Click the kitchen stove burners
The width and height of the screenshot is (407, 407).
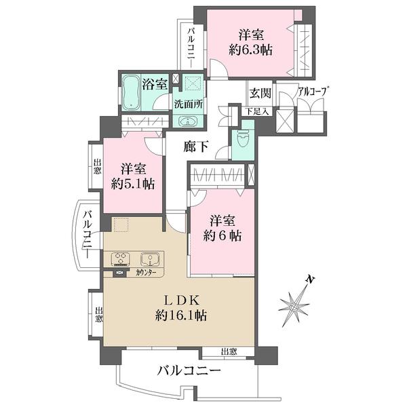(122, 258)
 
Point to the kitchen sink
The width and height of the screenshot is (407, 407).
(149, 258)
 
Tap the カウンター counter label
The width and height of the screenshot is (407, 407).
(146, 273)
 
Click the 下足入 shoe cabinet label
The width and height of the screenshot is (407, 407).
(258, 111)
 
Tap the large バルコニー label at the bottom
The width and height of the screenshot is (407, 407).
(189, 371)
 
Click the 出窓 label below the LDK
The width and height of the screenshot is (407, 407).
(229, 351)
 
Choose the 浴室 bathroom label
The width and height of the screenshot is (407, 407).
(155, 85)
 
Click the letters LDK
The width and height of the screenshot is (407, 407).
(179, 300)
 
